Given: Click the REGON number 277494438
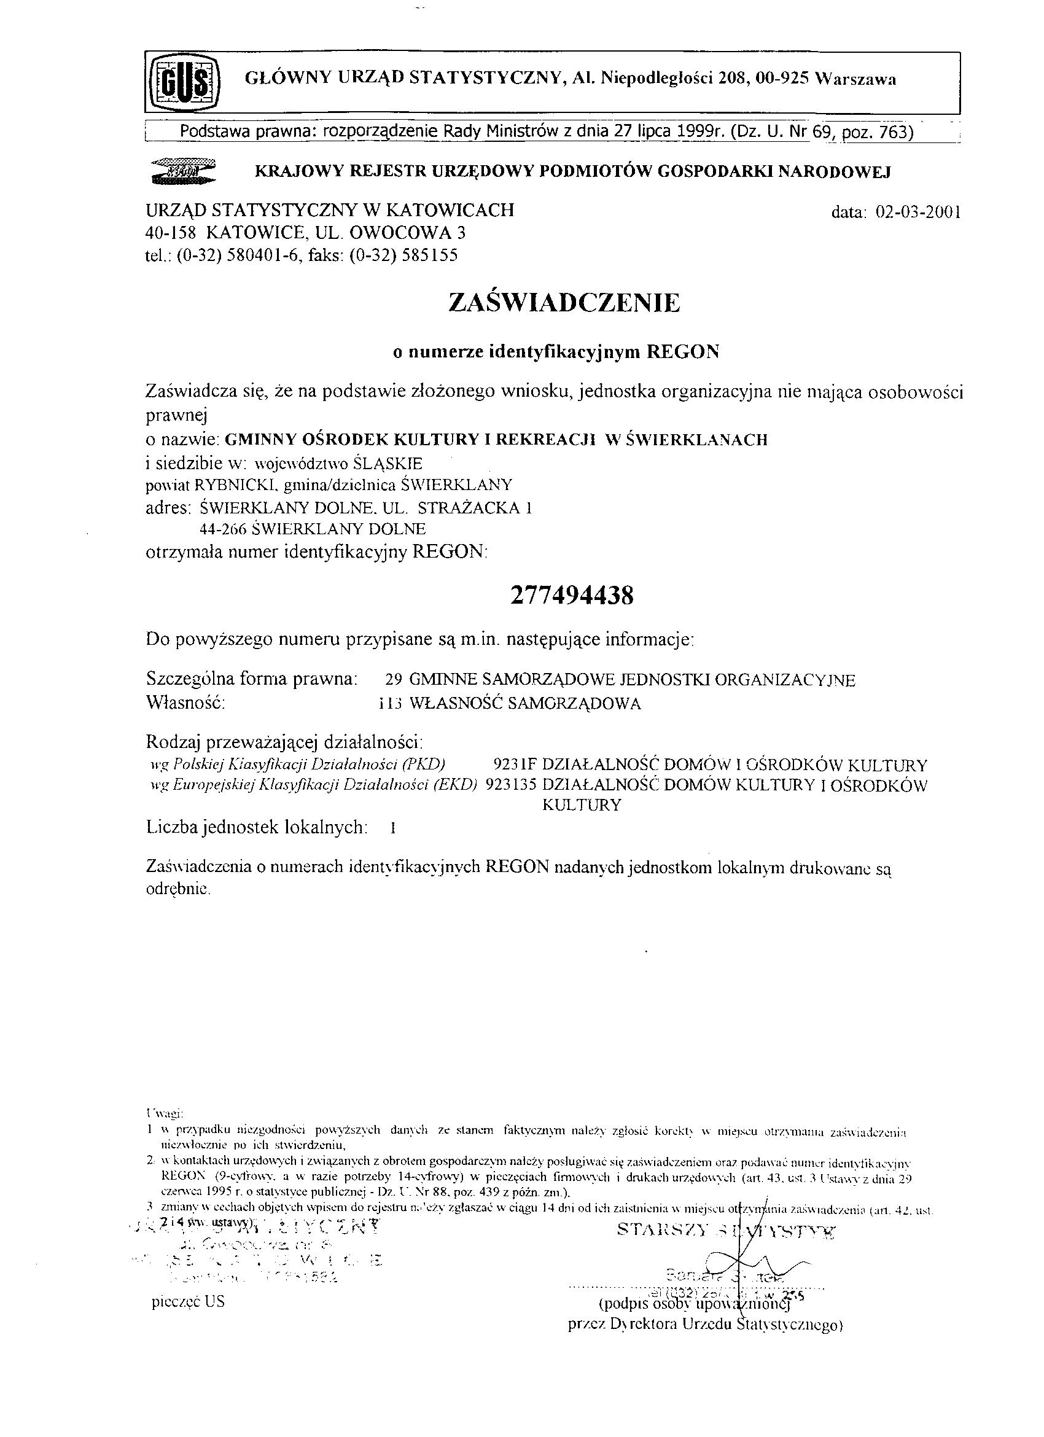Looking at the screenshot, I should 571,596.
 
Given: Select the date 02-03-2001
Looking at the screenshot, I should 918,212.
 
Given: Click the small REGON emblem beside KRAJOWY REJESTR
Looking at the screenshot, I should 183,172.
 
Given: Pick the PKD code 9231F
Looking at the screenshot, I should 515,765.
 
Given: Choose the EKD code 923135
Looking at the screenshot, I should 510,785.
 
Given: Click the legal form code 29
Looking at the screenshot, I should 394,680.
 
